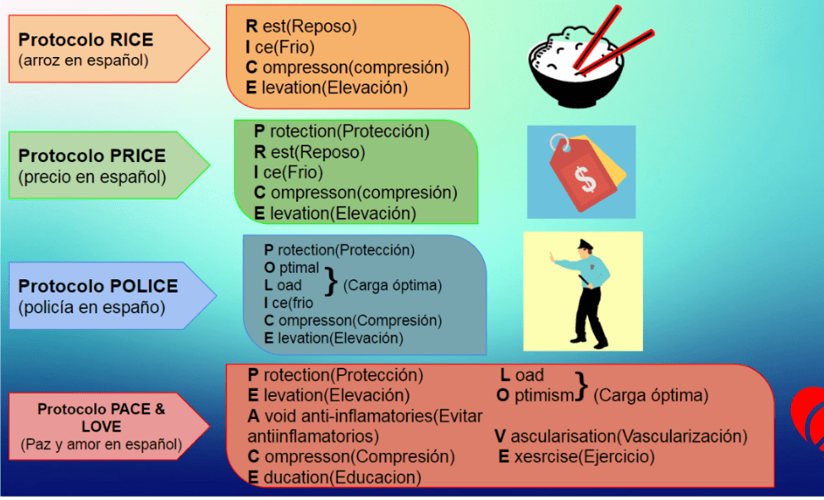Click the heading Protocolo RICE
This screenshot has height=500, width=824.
pos(86,40)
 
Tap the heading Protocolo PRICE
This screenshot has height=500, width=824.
pos(92,155)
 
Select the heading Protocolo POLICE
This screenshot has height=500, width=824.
pos(98,286)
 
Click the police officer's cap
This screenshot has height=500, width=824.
pos(582,244)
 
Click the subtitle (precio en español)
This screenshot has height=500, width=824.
pos(91,176)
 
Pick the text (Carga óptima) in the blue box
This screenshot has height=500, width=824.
pos(392,285)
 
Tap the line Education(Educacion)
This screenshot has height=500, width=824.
pos(334,477)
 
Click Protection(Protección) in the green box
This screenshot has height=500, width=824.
pos(342,131)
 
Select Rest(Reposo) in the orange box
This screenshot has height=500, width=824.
pos(301,26)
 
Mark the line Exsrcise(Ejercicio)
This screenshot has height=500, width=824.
pos(576,456)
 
